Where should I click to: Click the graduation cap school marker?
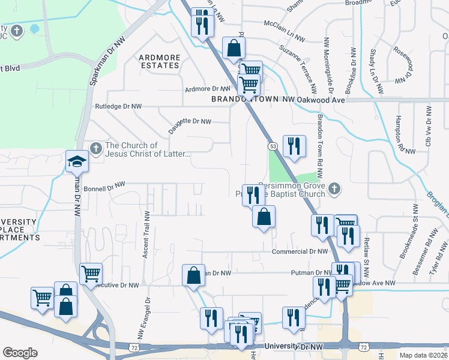tap(77, 161)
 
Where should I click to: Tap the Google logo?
tap(20, 353)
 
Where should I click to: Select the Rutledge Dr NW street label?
tap(118, 106)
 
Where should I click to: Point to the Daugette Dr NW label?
tap(189, 121)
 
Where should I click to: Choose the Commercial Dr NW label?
tap(300, 252)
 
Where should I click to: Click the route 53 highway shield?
tap(273, 146)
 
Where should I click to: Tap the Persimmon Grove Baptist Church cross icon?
tap(335, 190)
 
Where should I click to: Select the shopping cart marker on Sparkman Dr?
tap(91, 274)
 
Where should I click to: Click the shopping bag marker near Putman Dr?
tap(193, 276)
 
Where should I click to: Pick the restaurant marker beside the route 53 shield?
tap(294, 146)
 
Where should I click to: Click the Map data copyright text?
tap(423, 355)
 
